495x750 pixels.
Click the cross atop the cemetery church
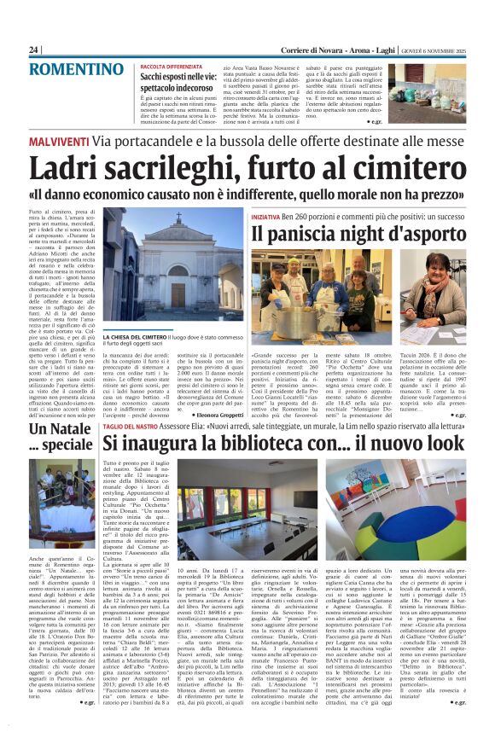(178, 216)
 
